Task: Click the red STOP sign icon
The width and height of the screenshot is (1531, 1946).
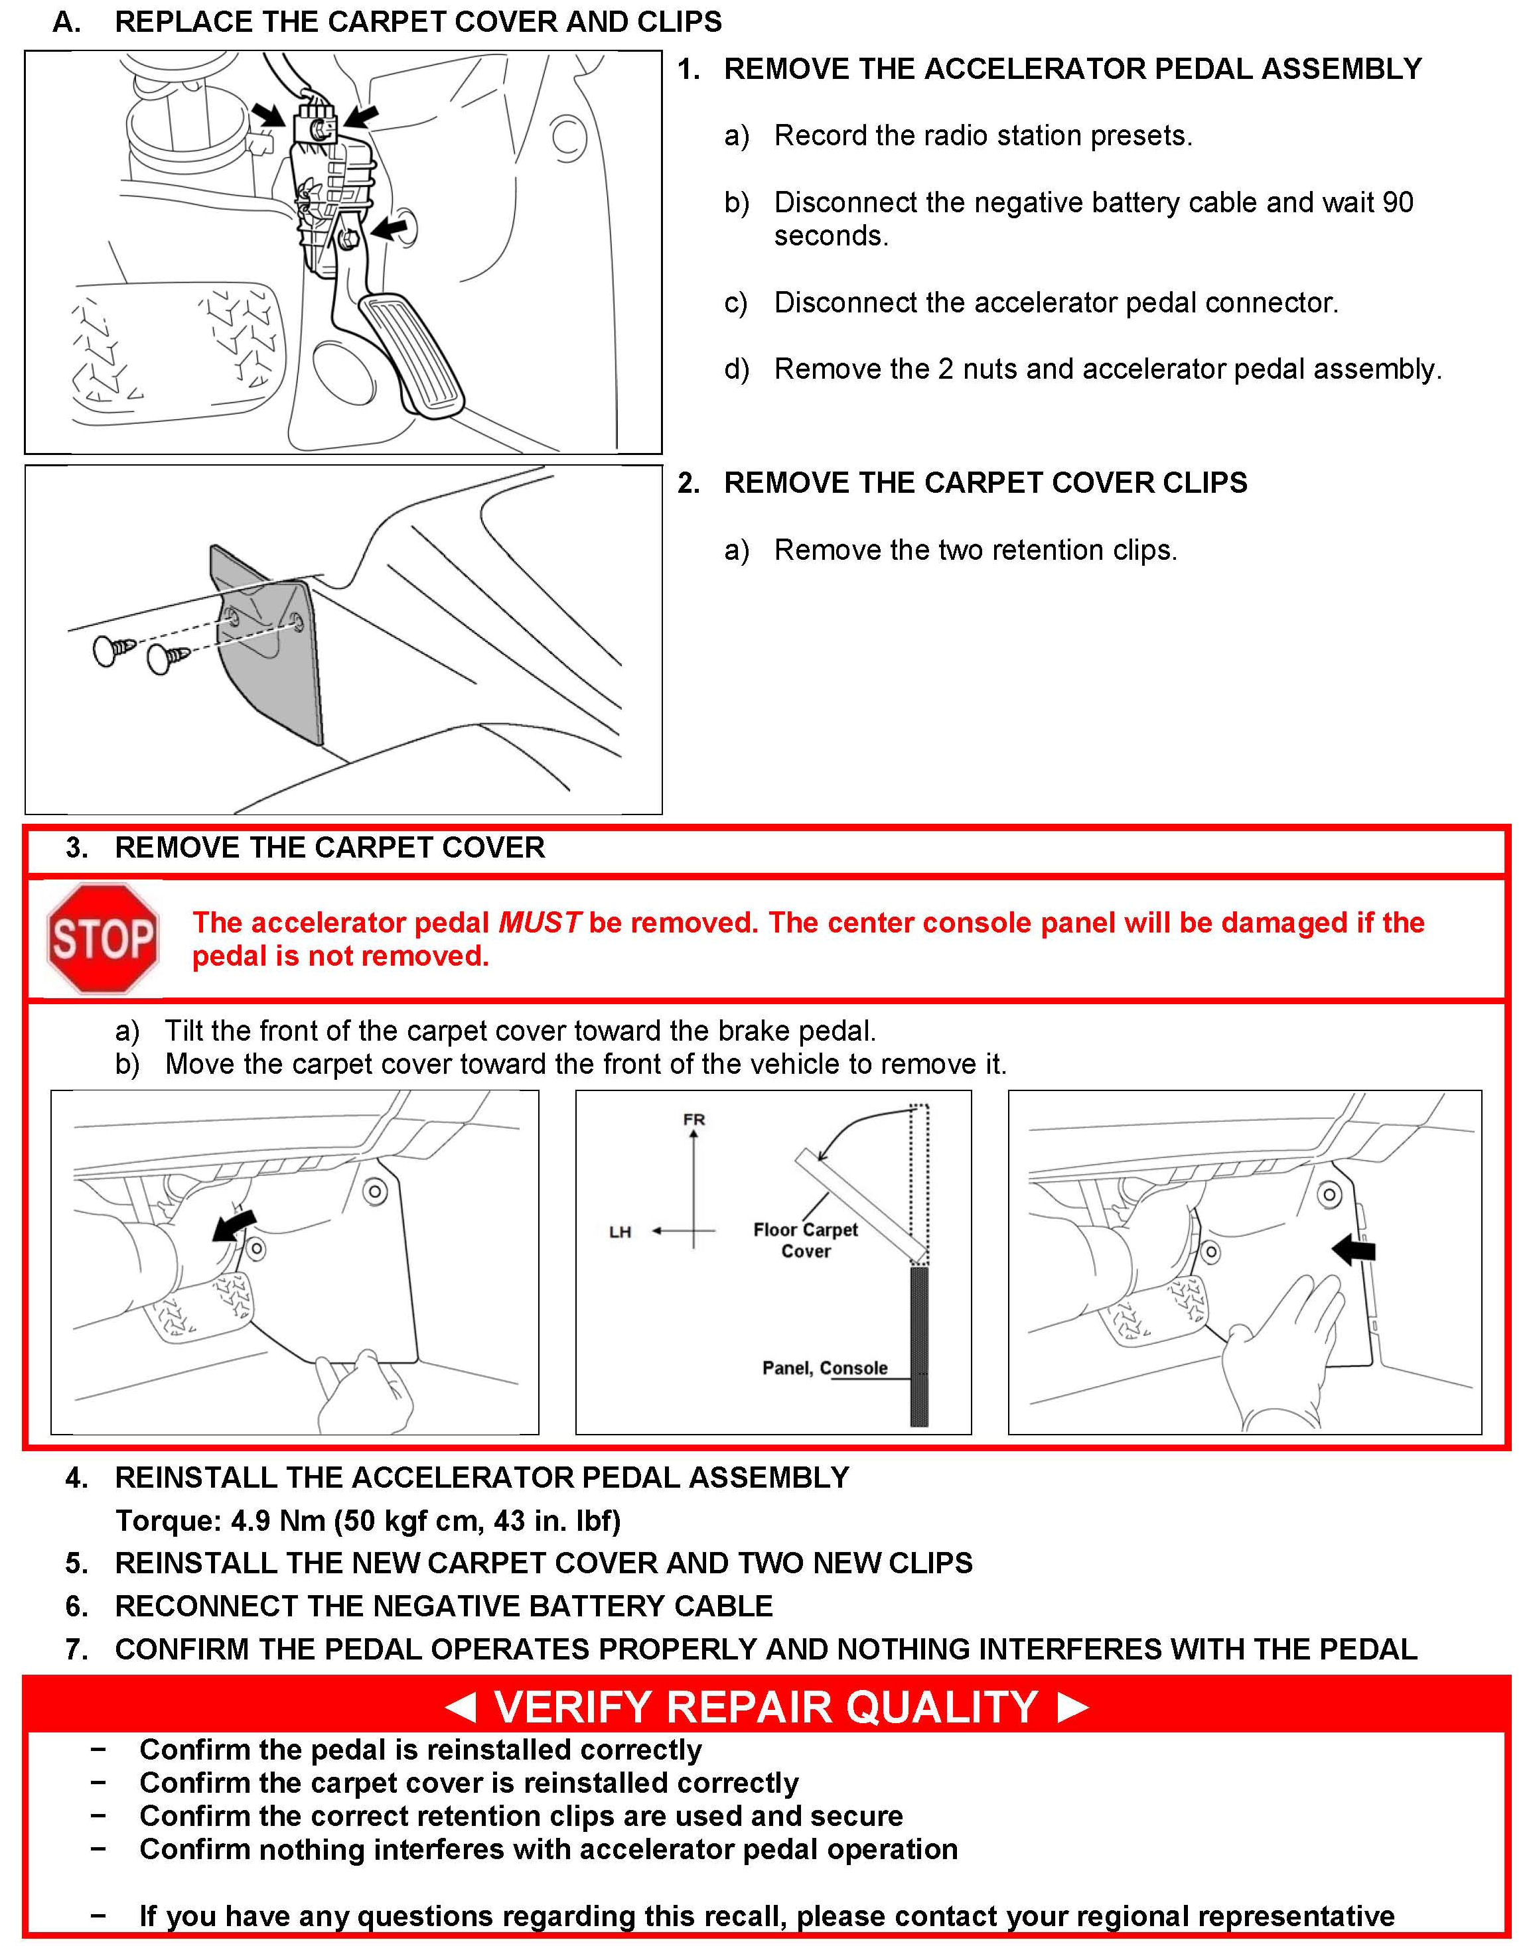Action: tap(103, 939)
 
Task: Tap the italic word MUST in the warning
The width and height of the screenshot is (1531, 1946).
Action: tap(540, 923)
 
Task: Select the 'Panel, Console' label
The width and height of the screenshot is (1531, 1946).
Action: tap(825, 1368)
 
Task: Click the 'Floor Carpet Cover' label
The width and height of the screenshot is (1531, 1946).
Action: tap(805, 1241)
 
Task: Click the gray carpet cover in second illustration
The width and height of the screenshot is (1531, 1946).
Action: tap(269, 663)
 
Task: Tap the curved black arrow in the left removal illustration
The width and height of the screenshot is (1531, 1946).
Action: tap(234, 1226)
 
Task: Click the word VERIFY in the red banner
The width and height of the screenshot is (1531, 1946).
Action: tap(572, 1707)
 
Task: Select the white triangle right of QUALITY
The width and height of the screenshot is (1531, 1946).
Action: tap(1073, 1707)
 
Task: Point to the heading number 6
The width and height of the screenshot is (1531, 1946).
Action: tap(76, 1606)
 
